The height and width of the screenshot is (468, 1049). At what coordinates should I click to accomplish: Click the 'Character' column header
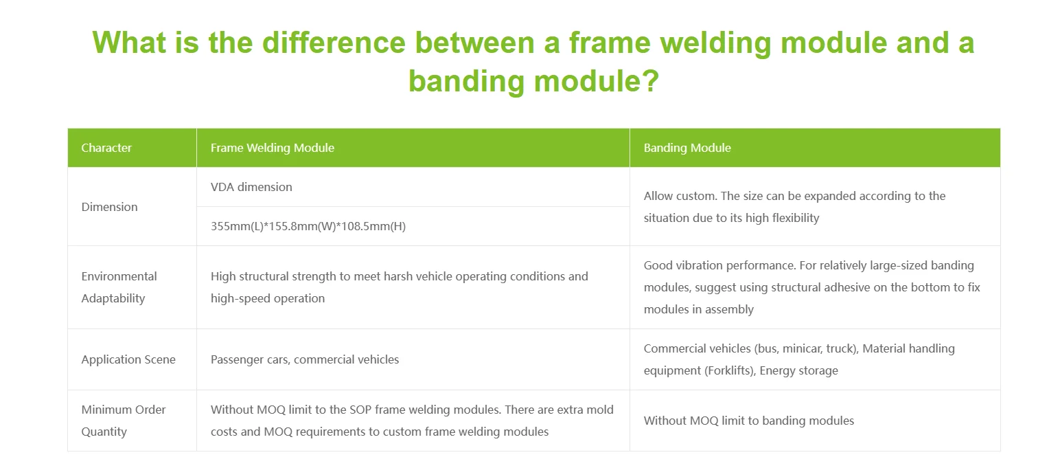click(x=106, y=148)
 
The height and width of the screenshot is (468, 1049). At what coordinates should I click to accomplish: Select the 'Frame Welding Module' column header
click(x=273, y=148)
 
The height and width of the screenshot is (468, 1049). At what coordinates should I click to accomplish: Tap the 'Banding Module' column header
click(x=687, y=148)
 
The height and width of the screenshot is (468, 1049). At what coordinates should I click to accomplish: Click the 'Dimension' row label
click(x=110, y=207)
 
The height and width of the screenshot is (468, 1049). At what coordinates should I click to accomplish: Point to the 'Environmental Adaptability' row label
click(x=119, y=287)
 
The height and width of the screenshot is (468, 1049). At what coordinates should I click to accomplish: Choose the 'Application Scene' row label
click(x=128, y=359)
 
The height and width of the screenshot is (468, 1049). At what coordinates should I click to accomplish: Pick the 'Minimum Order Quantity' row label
click(x=124, y=421)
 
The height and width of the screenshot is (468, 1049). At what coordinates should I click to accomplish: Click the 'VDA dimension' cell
click(x=251, y=187)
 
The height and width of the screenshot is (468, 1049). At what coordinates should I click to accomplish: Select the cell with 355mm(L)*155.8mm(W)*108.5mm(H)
click(x=308, y=226)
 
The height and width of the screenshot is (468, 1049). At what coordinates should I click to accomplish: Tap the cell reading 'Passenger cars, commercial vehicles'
click(x=305, y=359)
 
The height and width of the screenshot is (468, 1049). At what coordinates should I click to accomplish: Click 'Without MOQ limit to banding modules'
click(x=749, y=421)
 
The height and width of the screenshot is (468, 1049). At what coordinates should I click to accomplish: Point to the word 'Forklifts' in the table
click(x=728, y=370)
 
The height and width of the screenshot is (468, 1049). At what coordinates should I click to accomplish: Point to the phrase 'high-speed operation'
click(x=268, y=298)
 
